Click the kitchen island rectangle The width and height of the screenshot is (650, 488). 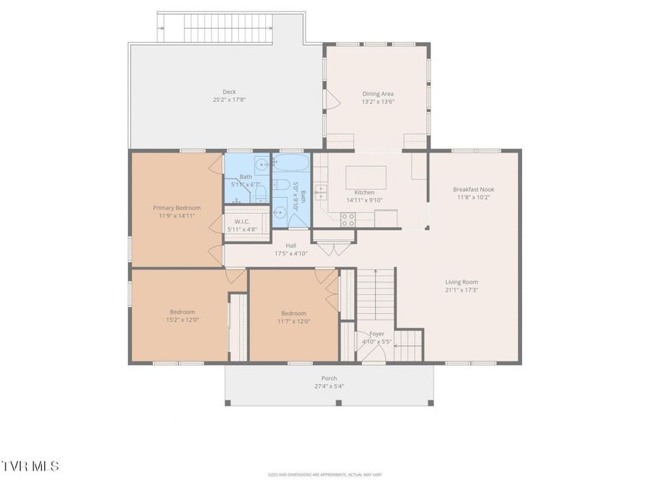[365, 177]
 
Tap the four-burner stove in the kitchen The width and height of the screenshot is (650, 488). [347, 219]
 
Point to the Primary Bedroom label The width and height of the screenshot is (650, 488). [177, 207]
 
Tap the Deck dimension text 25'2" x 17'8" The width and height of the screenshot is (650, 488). [229, 100]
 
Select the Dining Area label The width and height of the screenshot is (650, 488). [378, 93]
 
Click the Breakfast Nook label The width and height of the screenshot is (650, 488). [474, 189]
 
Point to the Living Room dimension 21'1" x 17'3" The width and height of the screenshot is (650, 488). [461, 290]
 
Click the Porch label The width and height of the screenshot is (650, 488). [329, 378]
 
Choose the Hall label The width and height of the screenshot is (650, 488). [291, 245]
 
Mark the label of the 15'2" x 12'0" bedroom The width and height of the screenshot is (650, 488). [183, 312]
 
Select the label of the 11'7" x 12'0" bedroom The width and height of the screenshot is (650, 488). [294, 313]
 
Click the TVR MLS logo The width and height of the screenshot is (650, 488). [30, 466]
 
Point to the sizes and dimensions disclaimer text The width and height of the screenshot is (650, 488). [324, 475]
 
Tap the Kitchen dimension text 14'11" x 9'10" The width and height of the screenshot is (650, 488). [364, 200]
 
